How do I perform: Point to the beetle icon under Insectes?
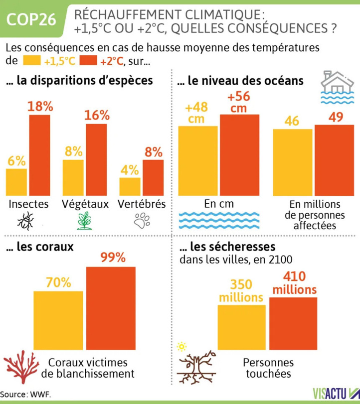click(25, 221)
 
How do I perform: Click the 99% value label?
click(113, 258)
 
